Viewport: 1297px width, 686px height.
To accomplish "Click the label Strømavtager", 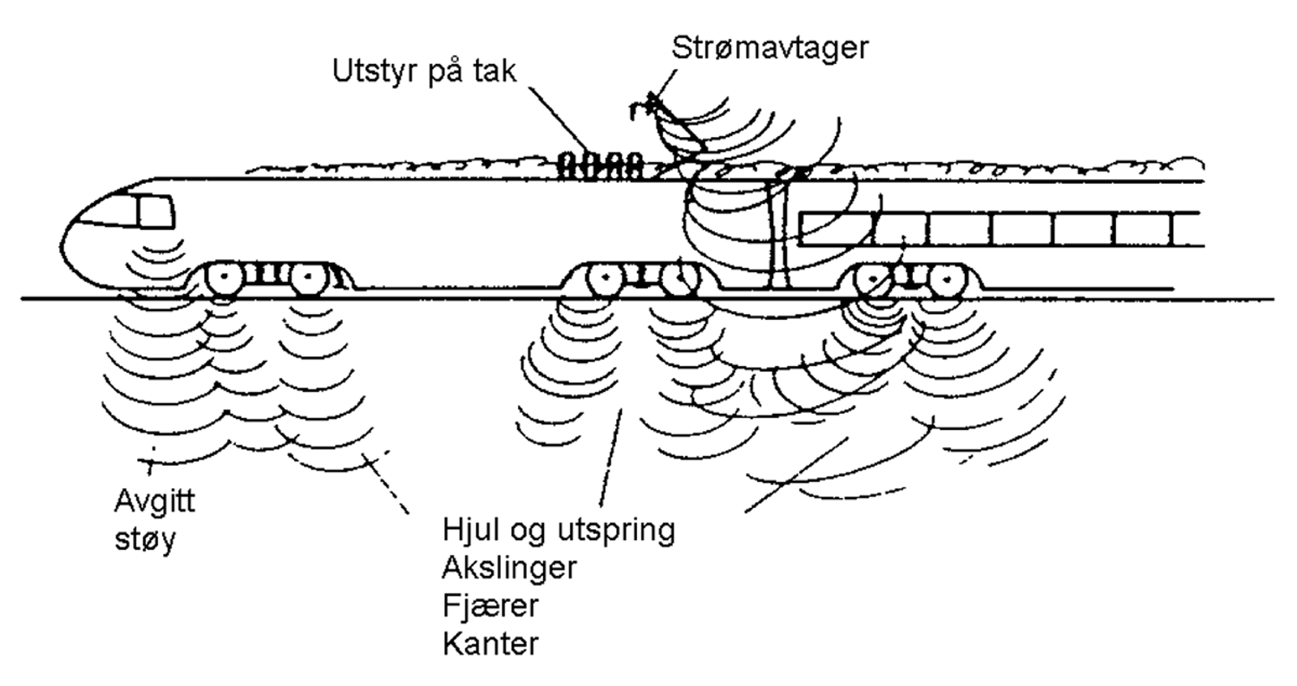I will (769, 48).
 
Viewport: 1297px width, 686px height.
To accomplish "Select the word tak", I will (494, 71).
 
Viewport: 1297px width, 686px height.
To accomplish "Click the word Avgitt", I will (154, 501).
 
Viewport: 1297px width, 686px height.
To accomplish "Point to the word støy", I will (145, 539).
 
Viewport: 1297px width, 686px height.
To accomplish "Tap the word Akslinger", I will (509, 568).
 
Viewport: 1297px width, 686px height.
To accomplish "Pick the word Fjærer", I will (490, 606).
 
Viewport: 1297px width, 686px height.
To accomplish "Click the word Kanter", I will (490, 644).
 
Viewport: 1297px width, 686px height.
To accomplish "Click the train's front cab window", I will (155, 212).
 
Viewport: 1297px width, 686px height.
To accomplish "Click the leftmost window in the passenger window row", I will (836, 229).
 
